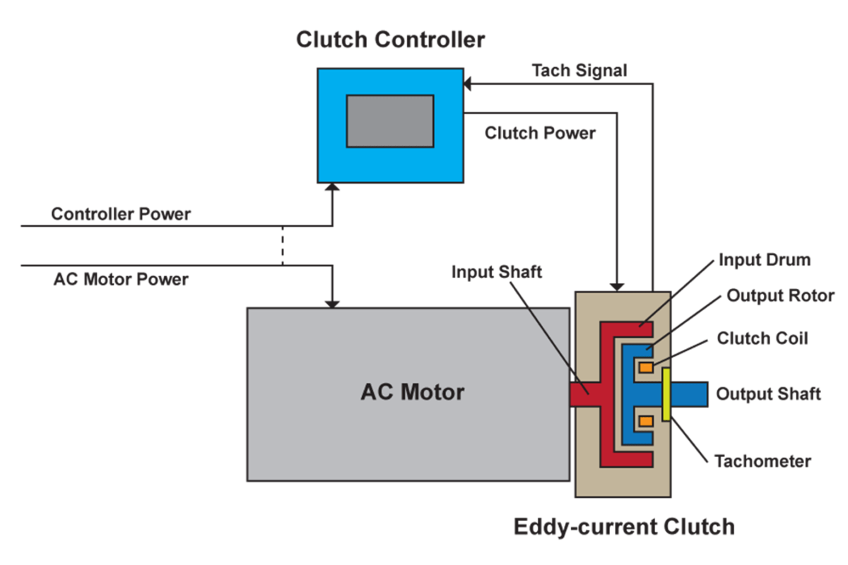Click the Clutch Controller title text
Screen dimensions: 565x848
[x=390, y=40]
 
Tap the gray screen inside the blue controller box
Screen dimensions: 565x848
[x=389, y=121]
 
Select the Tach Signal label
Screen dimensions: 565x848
[x=579, y=71]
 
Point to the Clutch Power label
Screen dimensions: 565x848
[x=540, y=133]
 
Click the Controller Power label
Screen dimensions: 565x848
[x=120, y=214]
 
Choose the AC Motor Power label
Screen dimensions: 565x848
[x=120, y=279]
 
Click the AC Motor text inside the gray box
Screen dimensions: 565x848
[x=412, y=392]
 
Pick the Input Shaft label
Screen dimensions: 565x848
[x=497, y=272]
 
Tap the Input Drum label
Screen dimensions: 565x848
[x=765, y=259]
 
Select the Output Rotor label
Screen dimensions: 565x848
[x=780, y=295]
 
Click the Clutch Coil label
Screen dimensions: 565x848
[x=762, y=338]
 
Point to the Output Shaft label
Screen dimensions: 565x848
[x=768, y=393]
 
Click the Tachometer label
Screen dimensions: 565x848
[x=762, y=462]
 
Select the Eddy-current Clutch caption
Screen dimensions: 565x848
[x=623, y=527]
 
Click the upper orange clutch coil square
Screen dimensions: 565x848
[x=645, y=367]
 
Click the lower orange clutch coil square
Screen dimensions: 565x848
[x=645, y=421]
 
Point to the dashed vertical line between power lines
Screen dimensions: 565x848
[x=283, y=246]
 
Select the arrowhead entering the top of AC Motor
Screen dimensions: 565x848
[x=332, y=302]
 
